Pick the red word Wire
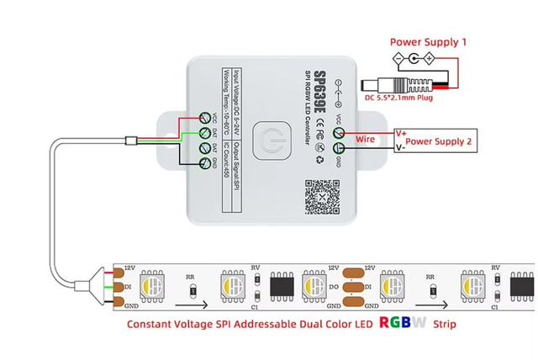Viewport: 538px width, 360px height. [x=366, y=139]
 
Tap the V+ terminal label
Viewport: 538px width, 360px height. [x=402, y=132]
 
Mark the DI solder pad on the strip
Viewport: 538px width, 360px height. [x=119, y=285]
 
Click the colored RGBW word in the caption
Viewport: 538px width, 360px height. [x=403, y=322]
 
